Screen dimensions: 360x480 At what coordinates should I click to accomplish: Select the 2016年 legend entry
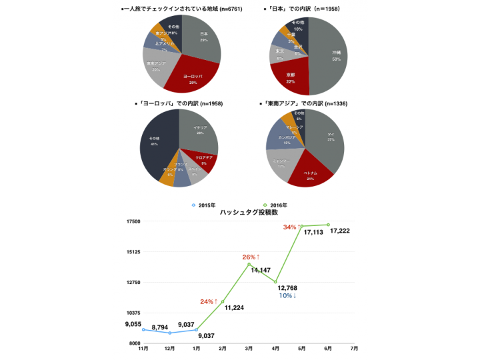(275, 205)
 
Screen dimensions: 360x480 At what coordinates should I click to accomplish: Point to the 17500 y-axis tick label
(132, 221)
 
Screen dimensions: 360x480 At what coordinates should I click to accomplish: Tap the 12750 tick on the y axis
(132, 283)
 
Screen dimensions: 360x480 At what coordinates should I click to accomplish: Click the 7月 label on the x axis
(354, 348)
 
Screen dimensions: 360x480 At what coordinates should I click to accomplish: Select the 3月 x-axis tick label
(249, 348)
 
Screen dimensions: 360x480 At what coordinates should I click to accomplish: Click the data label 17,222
(340, 231)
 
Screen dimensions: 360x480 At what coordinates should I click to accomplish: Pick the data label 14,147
(261, 270)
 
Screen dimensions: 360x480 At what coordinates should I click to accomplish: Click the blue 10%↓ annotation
(287, 295)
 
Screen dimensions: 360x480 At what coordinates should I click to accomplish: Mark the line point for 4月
(275, 282)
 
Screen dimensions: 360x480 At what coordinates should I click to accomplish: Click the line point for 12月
(169, 333)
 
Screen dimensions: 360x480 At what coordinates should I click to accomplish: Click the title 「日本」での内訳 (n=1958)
(307, 9)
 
